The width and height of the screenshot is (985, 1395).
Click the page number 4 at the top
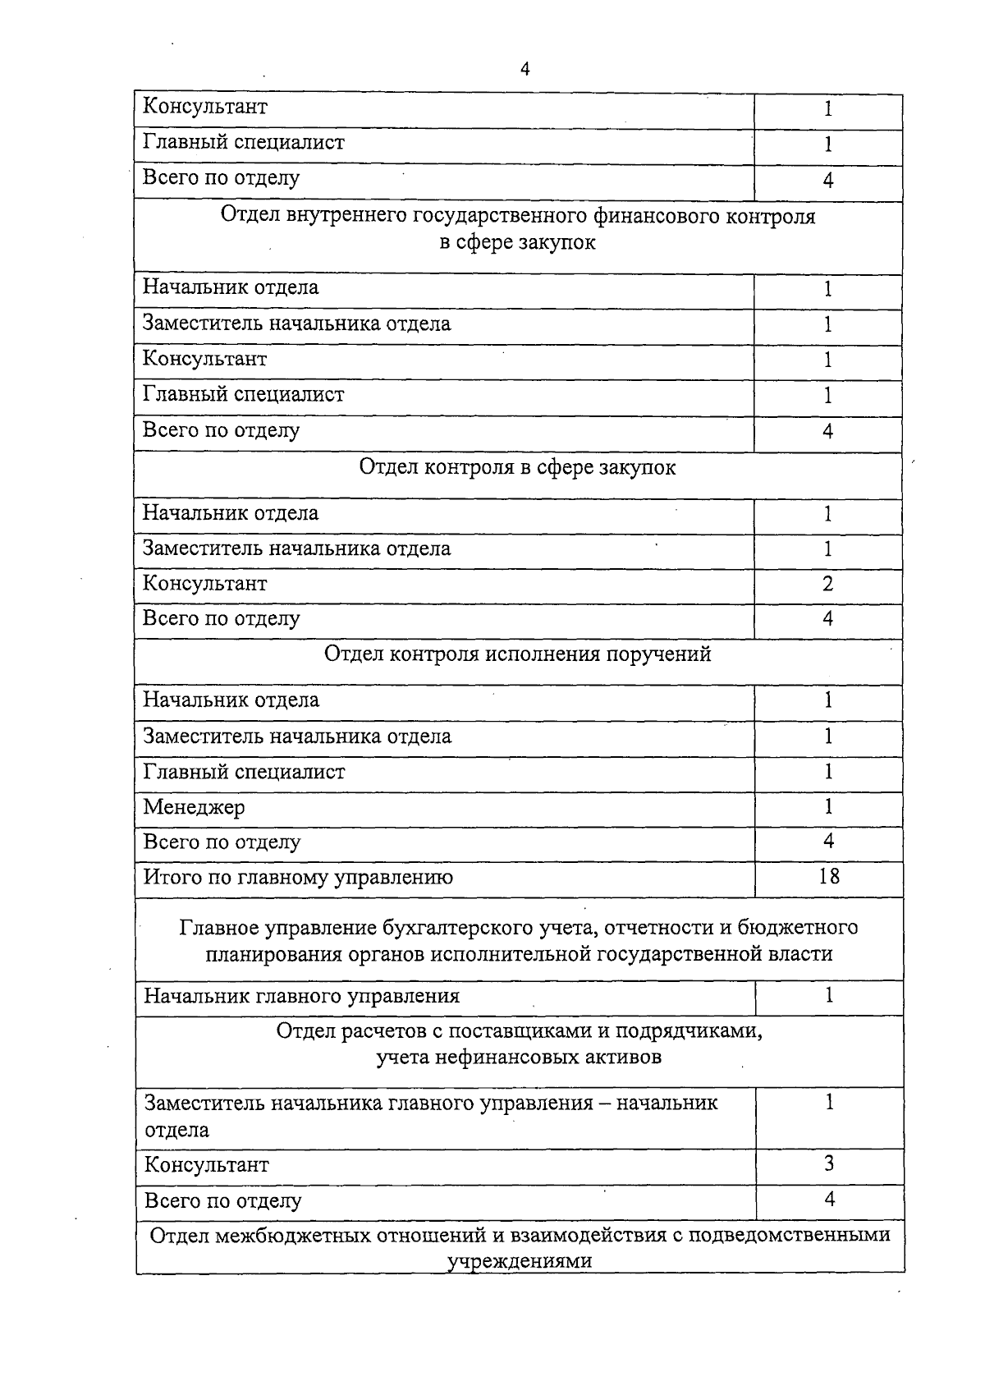pos(525,70)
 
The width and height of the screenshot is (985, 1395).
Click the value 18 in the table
pos(829,877)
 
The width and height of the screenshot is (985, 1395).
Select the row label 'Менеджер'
pos(194,808)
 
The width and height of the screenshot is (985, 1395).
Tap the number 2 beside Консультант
pos(827,584)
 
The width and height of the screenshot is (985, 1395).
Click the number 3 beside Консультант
pos(829,1164)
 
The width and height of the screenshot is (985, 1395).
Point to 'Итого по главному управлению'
pos(298,878)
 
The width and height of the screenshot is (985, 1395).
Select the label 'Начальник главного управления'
pos(301,997)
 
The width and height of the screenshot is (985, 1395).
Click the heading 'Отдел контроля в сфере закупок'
pos(517,468)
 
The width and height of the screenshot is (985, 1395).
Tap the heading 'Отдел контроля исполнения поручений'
pos(517,654)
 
